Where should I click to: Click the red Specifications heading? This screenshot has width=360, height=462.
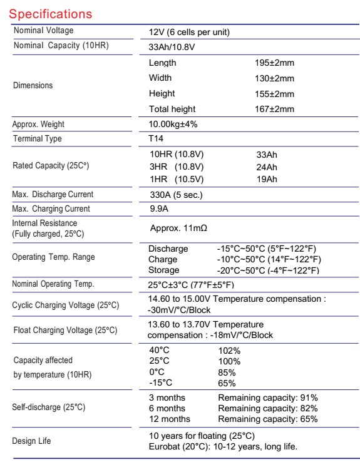(x=51, y=13)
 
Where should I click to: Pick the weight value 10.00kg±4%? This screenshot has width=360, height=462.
(x=173, y=124)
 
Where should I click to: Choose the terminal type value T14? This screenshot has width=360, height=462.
(x=156, y=139)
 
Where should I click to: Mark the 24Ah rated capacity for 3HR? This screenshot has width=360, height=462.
(x=267, y=167)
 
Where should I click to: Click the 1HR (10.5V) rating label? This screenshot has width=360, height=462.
(x=176, y=179)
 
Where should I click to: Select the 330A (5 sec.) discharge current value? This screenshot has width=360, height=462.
(x=175, y=195)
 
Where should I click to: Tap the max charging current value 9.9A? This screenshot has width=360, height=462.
(x=159, y=209)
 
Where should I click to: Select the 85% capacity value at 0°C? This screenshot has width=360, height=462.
(x=227, y=372)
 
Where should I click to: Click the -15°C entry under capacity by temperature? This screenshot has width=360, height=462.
(x=161, y=382)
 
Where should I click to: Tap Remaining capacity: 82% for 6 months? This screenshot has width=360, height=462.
(x=268, y=408)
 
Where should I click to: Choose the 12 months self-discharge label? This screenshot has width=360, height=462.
(x=169, y=419)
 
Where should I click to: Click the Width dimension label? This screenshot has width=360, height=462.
(x=160, y=78)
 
